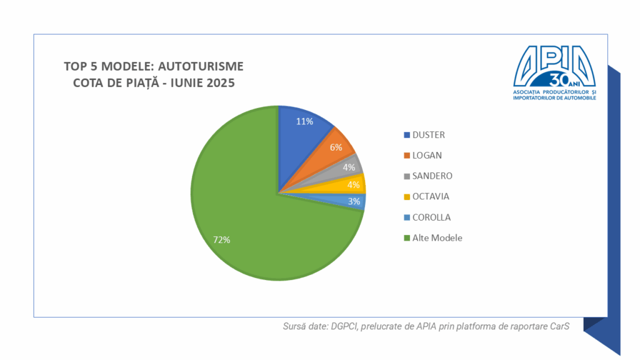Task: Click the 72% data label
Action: [221, 240]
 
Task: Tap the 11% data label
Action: [304, 121]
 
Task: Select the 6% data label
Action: [336, 147]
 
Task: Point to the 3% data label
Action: [354, 201]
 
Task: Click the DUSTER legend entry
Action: [429, 135]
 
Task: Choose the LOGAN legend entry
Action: [427, 156]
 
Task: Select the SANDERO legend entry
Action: [431, 176]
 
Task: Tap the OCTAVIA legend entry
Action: [431, 197]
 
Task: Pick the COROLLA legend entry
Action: [431, 217]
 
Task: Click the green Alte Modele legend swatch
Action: [407, 238]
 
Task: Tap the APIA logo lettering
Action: [554, 62]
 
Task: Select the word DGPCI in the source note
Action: [346, 326]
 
